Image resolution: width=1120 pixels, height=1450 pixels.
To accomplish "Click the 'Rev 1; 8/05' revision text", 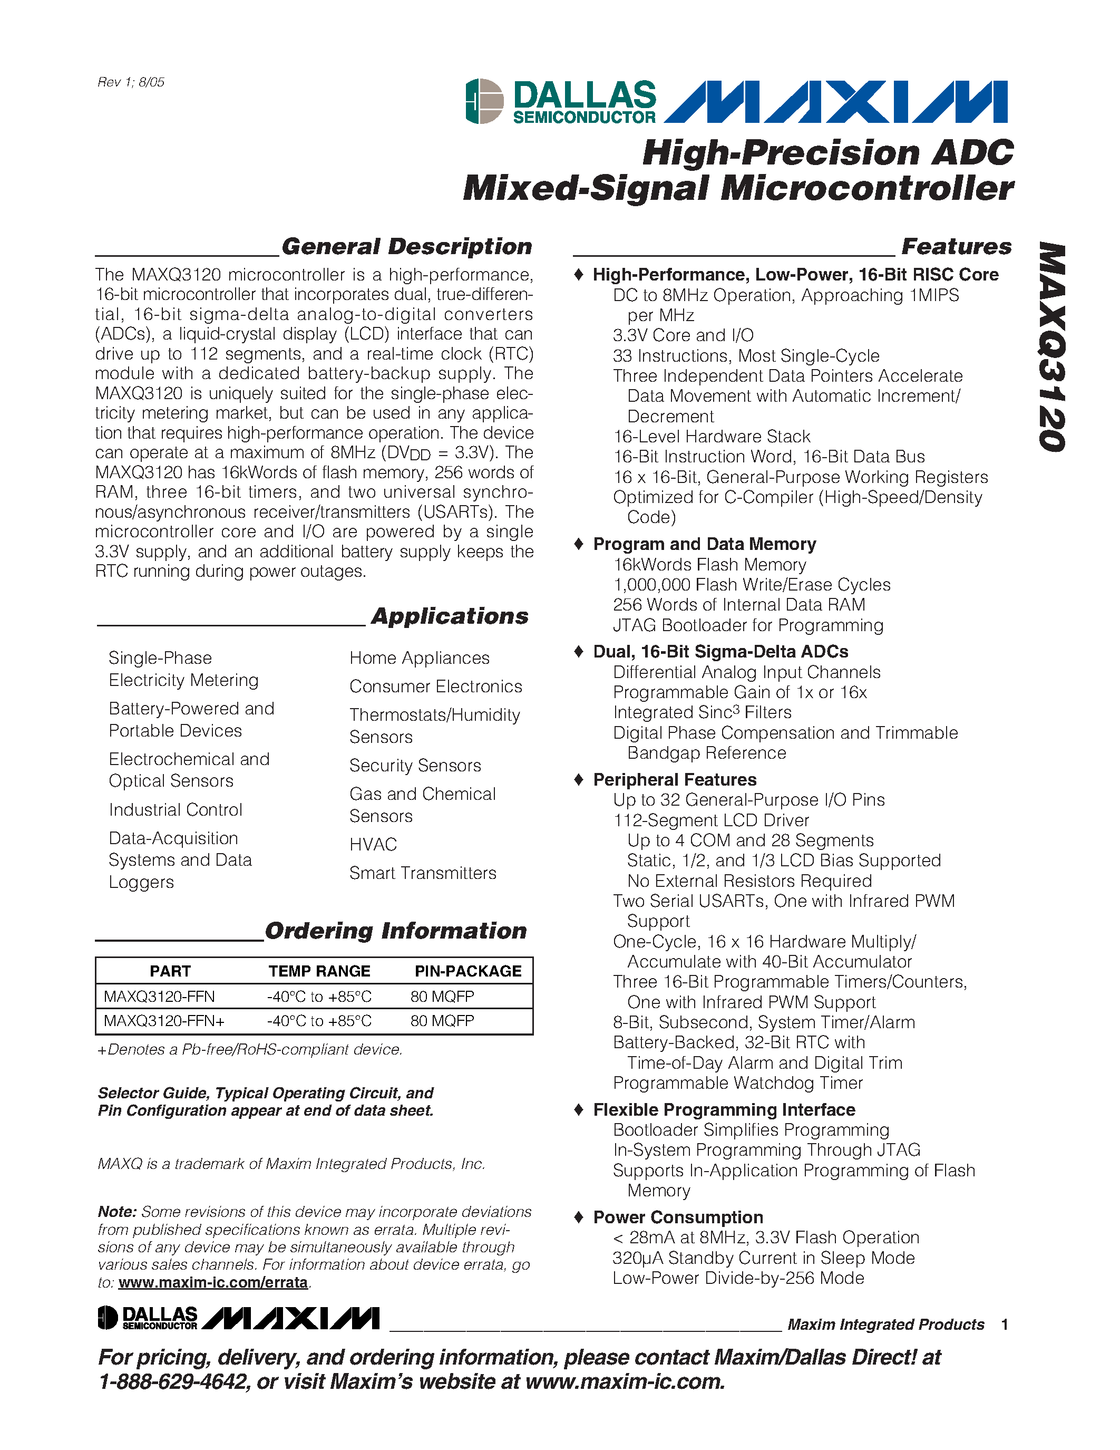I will point(131,82).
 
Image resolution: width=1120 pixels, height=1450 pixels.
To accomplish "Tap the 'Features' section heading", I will point(956,246).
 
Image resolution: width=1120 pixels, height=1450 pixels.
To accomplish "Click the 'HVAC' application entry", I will point(373,845).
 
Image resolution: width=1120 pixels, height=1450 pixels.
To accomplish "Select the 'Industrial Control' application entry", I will point(175,810).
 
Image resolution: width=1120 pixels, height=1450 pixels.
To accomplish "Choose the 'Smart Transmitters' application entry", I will point(423,873).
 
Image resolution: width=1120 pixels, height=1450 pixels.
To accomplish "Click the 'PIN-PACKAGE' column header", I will point(468,971).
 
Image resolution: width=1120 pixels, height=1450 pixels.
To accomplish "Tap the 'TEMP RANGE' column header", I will point(319,971).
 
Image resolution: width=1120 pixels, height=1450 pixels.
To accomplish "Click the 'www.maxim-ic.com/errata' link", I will point(213,1282).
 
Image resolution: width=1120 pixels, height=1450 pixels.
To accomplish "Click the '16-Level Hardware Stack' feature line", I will point(712,437).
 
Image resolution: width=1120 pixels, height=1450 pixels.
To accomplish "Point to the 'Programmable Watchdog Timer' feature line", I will point(737,1083).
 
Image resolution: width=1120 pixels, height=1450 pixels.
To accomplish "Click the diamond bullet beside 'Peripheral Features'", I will point(579,779).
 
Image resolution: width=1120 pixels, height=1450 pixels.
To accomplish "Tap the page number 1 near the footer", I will point(1005,1325).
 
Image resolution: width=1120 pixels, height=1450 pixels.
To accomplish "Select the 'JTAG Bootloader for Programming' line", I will point(748,625).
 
